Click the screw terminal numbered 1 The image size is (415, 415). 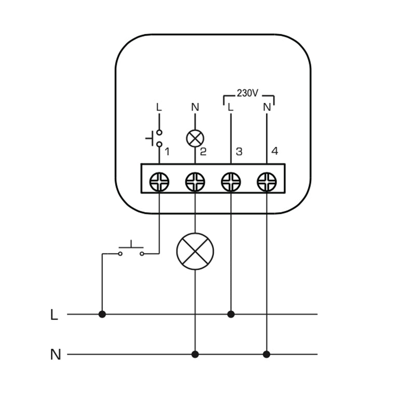[159, 182]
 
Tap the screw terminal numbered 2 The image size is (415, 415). [195, 182]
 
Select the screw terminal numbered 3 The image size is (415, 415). [231, 182]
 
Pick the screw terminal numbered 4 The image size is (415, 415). [267, 182]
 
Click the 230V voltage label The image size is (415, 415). [247, 93]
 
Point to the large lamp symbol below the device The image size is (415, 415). [195, 251]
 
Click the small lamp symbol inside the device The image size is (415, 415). [195, 138]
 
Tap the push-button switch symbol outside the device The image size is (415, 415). [131, 250]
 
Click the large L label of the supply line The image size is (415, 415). [54, 314]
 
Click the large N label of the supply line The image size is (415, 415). [55, 355]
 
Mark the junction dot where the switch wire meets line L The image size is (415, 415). [102, 314]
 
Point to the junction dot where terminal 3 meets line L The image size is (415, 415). [231, 314]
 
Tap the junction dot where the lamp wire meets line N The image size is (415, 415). [195, 354]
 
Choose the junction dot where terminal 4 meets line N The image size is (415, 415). [267, 354]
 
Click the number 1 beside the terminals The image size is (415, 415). [167, 151]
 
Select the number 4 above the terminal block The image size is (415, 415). [274, 151]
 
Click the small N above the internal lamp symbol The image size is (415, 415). [195, 107]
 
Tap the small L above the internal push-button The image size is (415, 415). [159, 107]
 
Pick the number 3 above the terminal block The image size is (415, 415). [239, 151]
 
